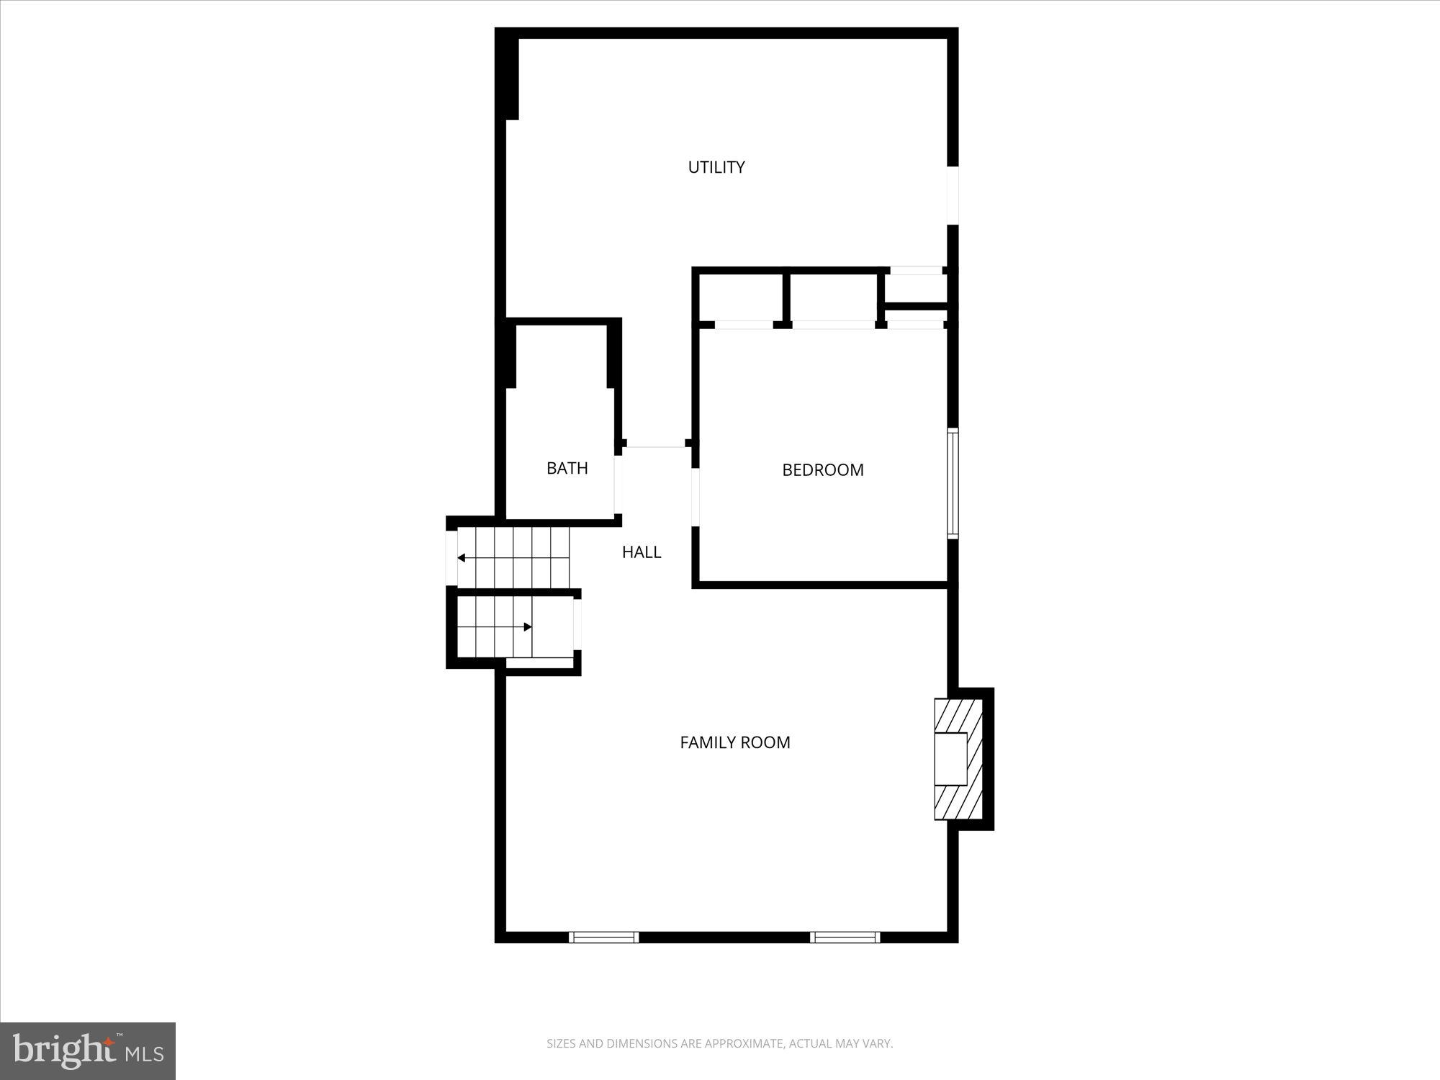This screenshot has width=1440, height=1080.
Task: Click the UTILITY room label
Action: tap(716, 167)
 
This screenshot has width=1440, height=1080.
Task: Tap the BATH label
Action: tap(567, 468)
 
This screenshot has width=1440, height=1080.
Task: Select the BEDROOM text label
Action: tap(822, 469)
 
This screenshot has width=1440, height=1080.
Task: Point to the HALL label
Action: tap(641, 552)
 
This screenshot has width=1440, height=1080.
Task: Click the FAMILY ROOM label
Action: tap(734, 742)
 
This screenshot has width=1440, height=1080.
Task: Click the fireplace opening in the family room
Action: tap(950, 758)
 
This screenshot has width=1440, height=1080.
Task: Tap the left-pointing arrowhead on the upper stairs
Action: tap(462, 558)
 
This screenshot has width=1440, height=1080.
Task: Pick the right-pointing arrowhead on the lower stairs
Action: tap(528, 627)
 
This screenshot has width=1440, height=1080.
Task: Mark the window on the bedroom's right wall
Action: tap(953, 482)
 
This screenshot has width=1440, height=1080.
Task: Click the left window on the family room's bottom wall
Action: tap(603, 937)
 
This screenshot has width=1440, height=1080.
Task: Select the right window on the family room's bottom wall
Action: tap(845, 937)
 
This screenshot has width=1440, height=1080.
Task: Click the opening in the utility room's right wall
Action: tap(953, 196)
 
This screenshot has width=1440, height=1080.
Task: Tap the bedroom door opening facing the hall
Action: tap(696, 497)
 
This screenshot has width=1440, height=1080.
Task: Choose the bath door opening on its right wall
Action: tap(618, 484)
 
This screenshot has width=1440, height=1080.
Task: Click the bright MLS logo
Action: tap(88, 1050)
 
